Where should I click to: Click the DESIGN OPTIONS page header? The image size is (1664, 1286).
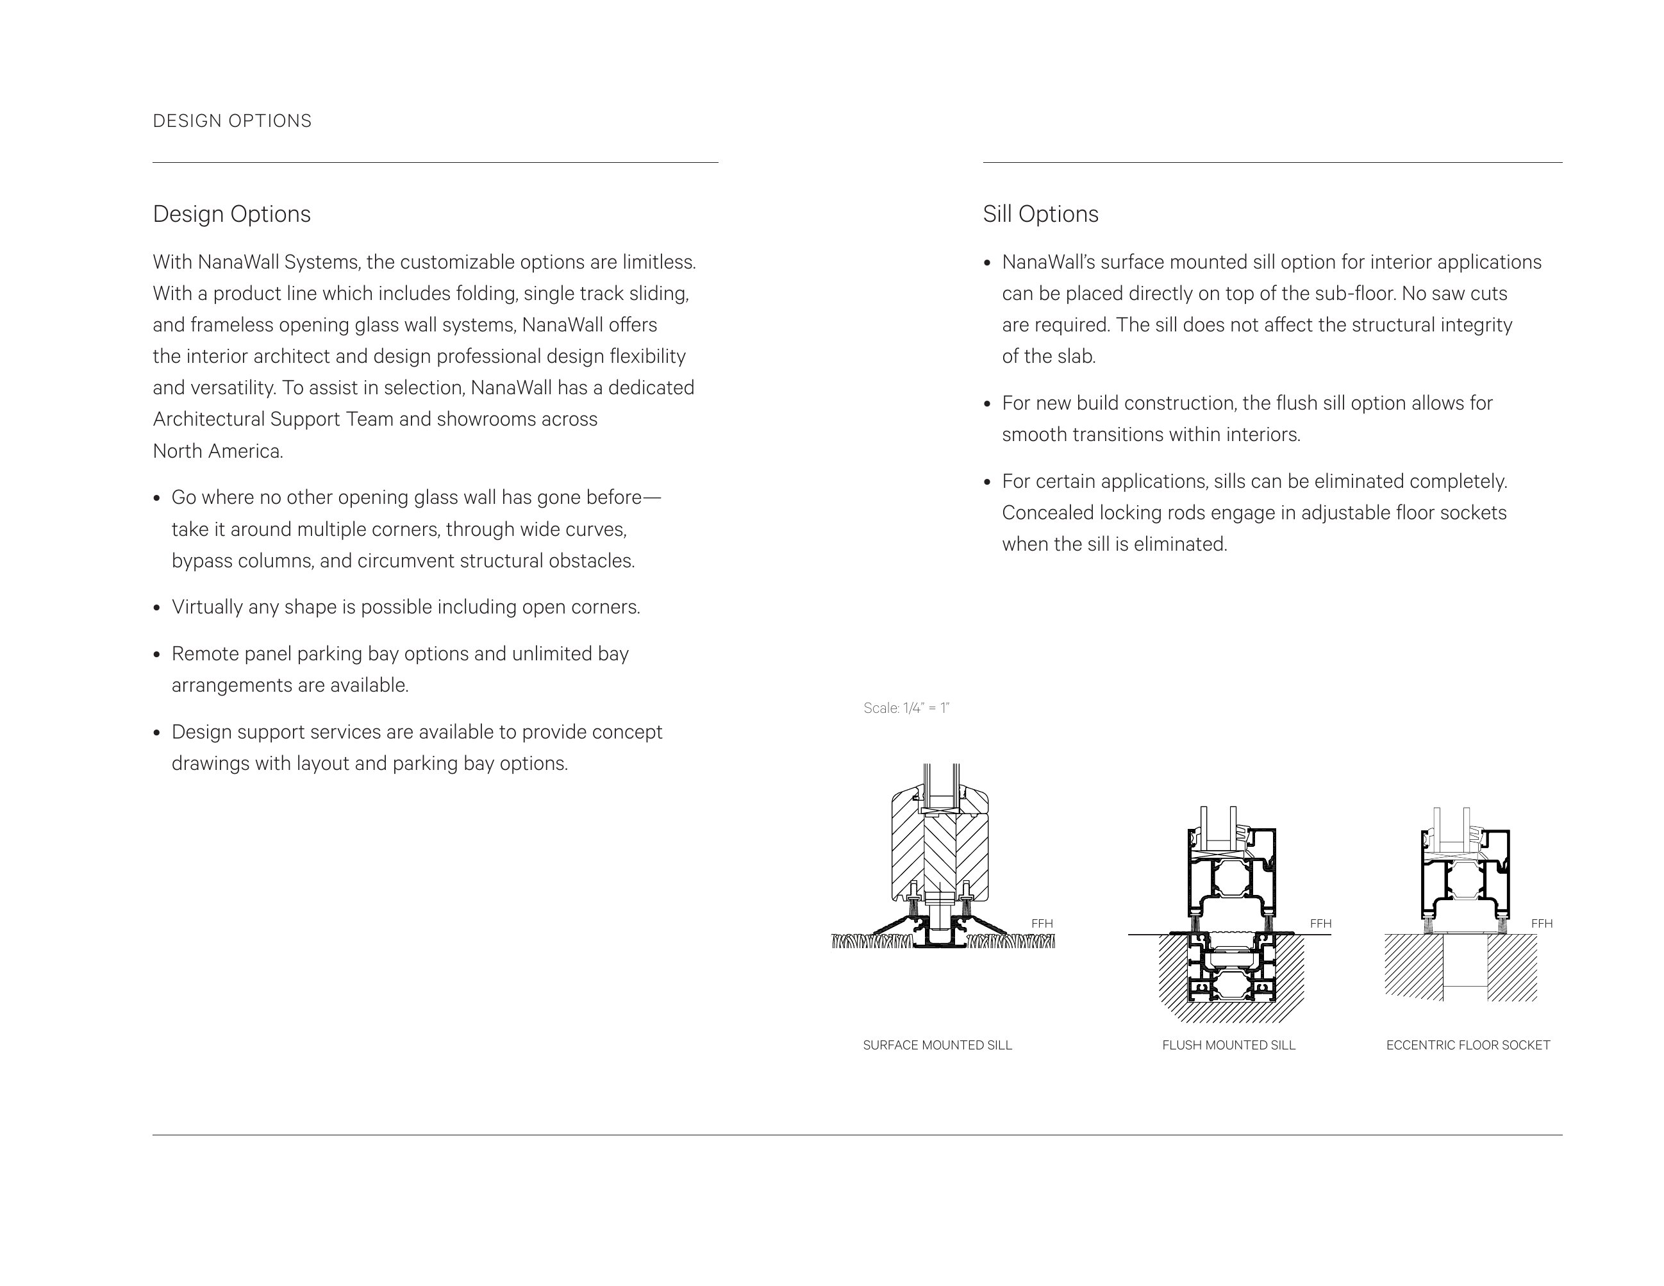233,121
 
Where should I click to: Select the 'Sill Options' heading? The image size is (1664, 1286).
1040,214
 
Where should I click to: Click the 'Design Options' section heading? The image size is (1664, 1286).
231,214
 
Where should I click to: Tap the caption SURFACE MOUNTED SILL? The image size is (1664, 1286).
937,1045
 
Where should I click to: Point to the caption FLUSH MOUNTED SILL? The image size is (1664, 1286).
1228,1045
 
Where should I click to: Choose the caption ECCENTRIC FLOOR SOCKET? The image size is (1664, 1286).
1467,1045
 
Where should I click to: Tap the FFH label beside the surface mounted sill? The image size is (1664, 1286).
1042,923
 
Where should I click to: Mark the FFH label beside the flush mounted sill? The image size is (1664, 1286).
1320,923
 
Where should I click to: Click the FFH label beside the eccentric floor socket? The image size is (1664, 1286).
1542,923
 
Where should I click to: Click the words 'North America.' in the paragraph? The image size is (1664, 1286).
218,451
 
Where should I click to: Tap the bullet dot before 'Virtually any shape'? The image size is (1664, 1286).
157,608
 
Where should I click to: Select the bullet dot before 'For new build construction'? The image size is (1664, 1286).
987,404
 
